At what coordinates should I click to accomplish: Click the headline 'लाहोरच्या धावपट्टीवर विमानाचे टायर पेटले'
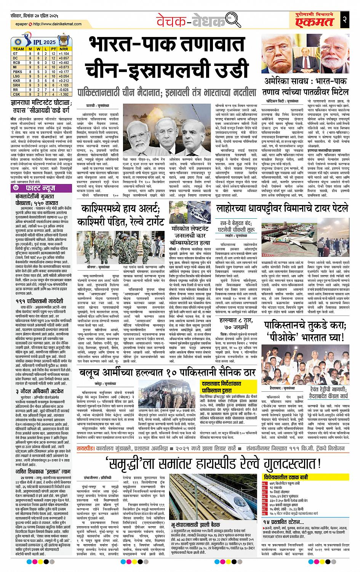282,208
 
